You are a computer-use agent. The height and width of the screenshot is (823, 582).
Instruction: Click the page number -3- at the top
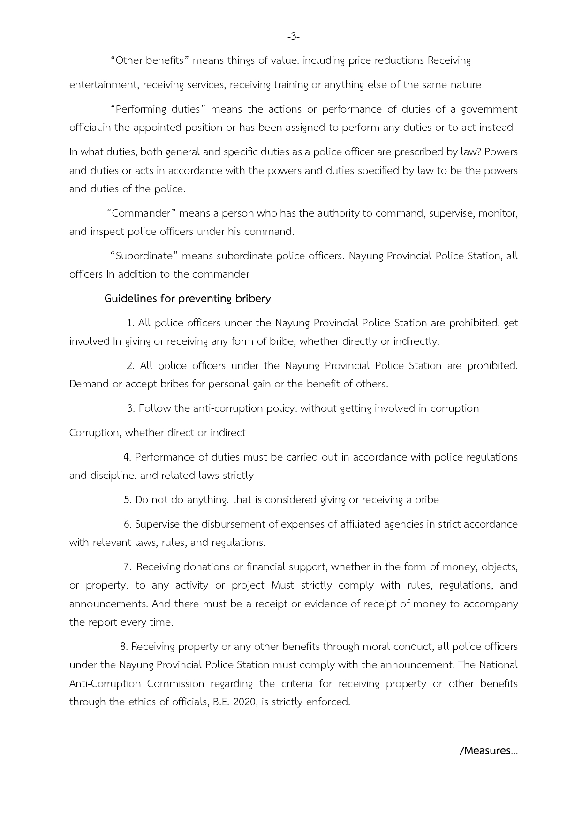click(x=293, y=36)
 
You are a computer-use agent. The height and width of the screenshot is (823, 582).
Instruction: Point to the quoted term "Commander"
click(x=142, y=213)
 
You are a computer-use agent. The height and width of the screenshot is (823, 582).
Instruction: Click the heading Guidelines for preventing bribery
click(x=188, y=299)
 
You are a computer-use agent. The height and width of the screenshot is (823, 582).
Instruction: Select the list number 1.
click(x=131, y=323)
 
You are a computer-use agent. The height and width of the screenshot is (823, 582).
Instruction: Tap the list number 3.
click(x=131, y=408)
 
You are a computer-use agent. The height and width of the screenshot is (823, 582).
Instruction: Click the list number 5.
click(x=128, y=500)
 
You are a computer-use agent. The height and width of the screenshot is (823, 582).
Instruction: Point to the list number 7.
click(x=128, y=567)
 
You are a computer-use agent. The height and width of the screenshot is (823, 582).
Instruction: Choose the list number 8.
click(x=124, y=647)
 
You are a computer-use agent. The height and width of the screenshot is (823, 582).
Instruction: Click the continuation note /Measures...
click(x=489, y=751)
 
